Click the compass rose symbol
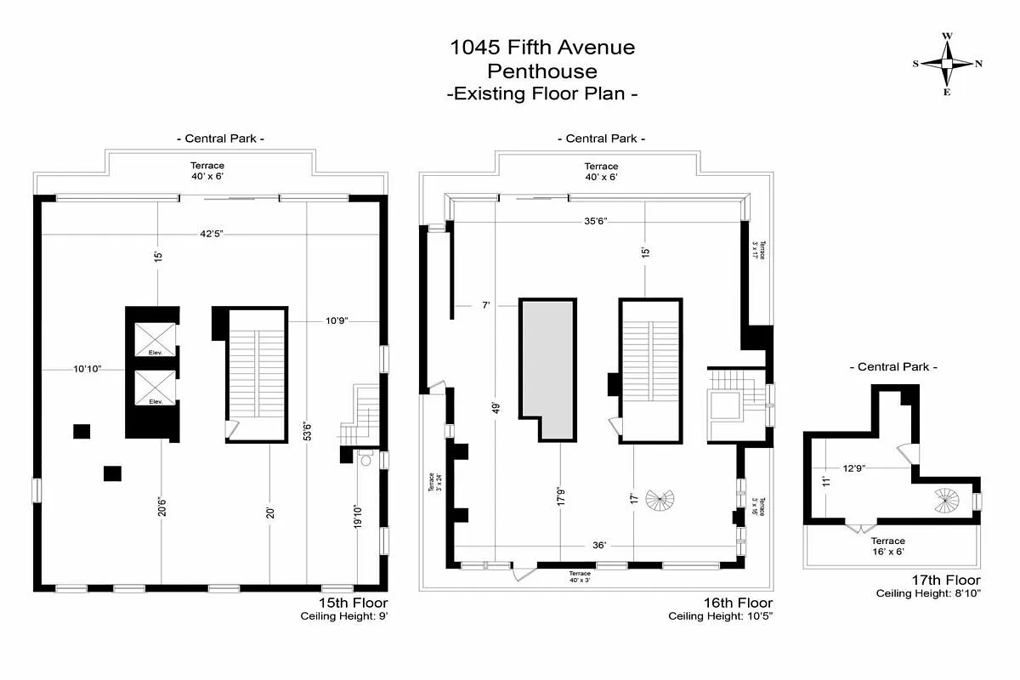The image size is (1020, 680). click(x=947, y=64)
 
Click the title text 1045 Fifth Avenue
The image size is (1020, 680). click(x=542, y=48)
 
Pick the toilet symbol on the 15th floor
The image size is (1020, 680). click(x=365, y=459)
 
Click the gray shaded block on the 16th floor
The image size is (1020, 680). click(x=548, y=365)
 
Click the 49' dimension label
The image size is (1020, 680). click(x=495, y=407)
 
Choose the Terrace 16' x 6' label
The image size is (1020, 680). click(x=887, y=547)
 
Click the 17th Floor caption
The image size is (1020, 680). click(x=946, y=581)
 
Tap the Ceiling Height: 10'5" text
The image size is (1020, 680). click(x=720, y=616)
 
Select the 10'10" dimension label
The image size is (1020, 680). click(x=87, y=369)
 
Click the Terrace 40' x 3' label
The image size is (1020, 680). click(x=580, y=577)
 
